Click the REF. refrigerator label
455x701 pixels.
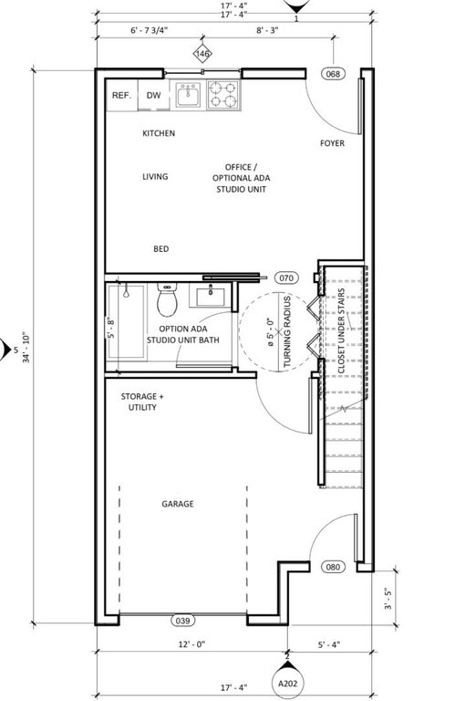pyautogui.click(x=121, y=95)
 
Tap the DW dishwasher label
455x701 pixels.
pyautogui.click(x=153, y=95)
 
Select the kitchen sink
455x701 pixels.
pyautogui.click(x=188, y=94)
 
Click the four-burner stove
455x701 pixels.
pyautogui.click(x=223, y=95)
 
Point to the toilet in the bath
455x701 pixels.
pyautogui.click(x=167, y=300)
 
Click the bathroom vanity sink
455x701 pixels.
pyautogui.click(x=210, y=296)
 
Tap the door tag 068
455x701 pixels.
pyautogui.click(x=334, y=74)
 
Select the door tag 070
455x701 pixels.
pyautogui.click(x=286, y=278)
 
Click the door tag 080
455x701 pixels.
pyautogui.click(x=333, y=568)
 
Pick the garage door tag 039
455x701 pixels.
pyautogui.click(x=182, y=621)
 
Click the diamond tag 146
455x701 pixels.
pyautogui.click(x=202, y=54)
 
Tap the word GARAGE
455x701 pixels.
pyautogui.click(x=178, y=504)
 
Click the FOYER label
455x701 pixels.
pyautogui.click(x=332, y=143)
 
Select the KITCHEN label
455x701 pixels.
pyautogui.click(x=159, y=133)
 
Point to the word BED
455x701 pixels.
pyautogui.click(x=161, y=249)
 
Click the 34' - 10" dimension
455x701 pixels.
pyautogui.click(x=26, y=347)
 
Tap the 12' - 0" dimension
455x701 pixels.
pyautogui.click(x=191, y=644)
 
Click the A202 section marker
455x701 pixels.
pyautogui.click(x=288, y=683)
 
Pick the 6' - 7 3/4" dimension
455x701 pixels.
pyautogui.click(x=150, y=30)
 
